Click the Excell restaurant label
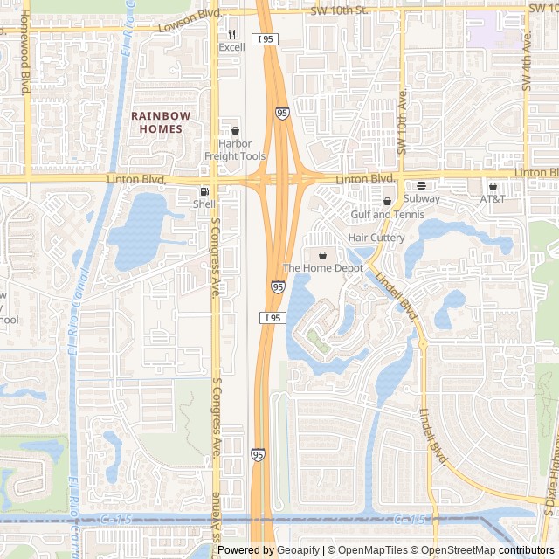point(231,47)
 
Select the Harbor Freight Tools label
point(235,150)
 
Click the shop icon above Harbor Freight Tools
point(235,131)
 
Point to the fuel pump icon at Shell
point(204,191)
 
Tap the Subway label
point(422,198)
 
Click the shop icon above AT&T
point(493,186)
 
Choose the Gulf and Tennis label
point(387,214)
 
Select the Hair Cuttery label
point(376,238)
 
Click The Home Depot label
point(322,268)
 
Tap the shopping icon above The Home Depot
point(323,255)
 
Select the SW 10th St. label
point(340,10)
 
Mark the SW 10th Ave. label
point(403,121)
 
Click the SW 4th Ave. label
point(528,61)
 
